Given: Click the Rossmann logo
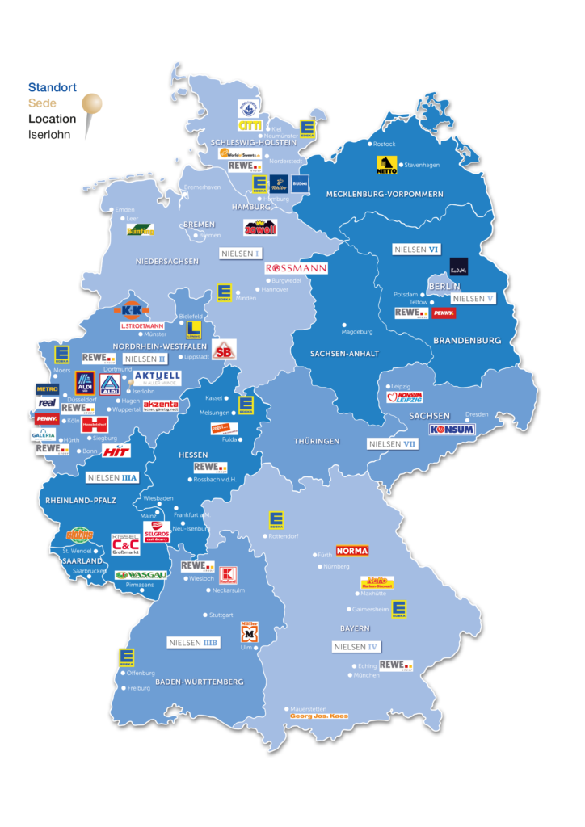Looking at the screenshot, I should point(296,267).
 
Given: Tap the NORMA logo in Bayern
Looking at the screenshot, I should point(351,551).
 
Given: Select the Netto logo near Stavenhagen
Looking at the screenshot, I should point(386,165).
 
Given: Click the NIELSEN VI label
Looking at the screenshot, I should point(416,250).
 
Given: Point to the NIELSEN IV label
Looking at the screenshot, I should point(356,647).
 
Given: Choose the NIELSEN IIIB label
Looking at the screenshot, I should point(193,642).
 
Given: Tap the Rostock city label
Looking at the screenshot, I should point(385,144).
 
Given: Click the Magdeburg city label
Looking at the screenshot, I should point(357,331).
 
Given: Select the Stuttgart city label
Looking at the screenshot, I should point(221,615).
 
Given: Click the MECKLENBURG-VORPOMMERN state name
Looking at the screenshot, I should point(385,194).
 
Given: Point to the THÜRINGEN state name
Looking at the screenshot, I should point(317,441).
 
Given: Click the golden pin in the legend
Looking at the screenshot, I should point(91,105).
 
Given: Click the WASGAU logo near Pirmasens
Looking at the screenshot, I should point(141,575).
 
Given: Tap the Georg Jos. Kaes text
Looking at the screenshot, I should point(319,716).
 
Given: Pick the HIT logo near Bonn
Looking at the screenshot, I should point(116,451).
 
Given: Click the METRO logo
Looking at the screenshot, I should point(47,388).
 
